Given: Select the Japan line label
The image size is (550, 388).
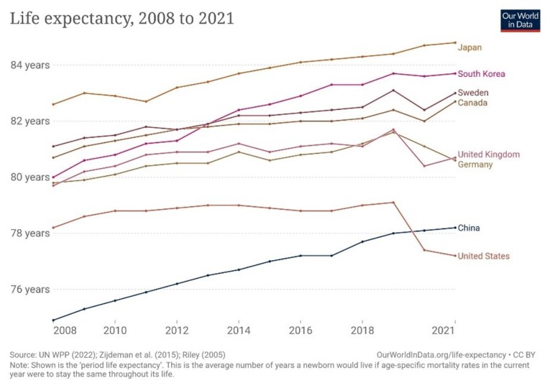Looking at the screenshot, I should [x=469, y=47].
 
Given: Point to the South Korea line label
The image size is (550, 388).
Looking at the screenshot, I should [x=481, y=73].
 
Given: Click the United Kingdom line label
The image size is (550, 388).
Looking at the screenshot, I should [x=488, y=154].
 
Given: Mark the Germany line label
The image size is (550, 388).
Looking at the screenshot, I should [x=475, y=165].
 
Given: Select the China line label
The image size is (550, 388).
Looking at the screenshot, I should [x=469, y=228].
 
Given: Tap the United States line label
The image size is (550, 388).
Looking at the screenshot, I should [x=483, y=256].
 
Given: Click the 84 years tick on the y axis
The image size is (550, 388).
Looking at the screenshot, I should [x=29, y=65].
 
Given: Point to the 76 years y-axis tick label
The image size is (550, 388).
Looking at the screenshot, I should [x=29, y=290].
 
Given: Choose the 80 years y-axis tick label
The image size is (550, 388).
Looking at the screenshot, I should [x=29, y=177].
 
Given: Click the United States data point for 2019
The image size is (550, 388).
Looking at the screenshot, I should [x=393, y=202].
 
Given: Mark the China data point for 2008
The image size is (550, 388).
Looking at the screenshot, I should [x=53, y=320].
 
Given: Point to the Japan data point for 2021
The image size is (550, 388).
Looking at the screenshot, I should [x=455, y=42].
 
